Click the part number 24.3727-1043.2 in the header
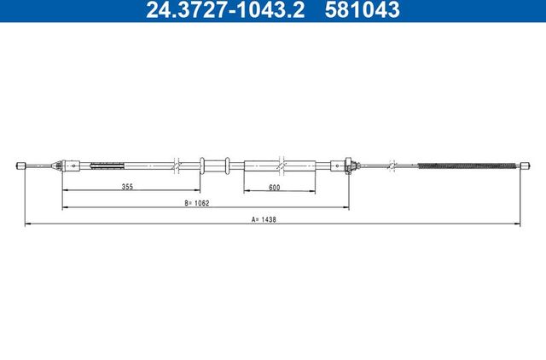tap(225, 9)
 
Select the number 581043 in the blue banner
tap(362, 9)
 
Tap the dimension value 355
tap(127, 186)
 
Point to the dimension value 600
tap(275, 188)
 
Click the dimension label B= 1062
tap(197, 203)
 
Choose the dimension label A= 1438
tap(264, 219)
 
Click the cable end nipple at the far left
tap(21, 165)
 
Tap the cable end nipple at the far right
tap(526, 165)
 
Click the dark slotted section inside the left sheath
tap(107, 165)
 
